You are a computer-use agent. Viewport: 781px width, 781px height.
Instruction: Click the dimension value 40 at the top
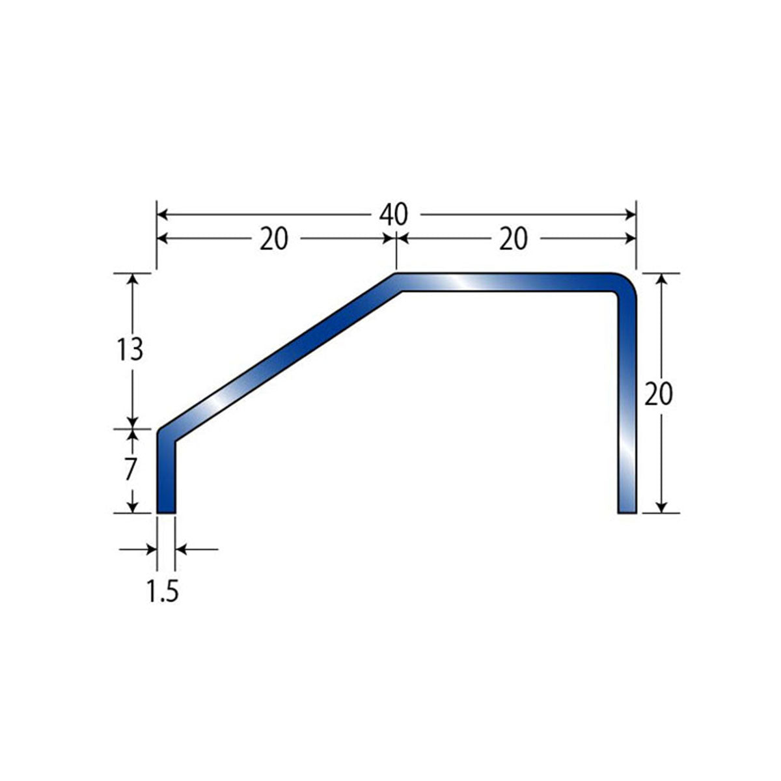[393, 215]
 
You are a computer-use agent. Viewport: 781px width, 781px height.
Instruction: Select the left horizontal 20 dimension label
[273, 239]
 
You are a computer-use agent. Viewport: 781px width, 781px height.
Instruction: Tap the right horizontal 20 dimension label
[513, 239]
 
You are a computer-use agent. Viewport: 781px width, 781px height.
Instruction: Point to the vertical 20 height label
[658, 394]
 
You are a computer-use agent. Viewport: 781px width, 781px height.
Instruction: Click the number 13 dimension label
[130, 349]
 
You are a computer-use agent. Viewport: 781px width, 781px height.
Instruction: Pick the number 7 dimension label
[130, 469]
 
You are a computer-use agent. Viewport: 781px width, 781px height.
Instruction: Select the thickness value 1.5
[161, 590]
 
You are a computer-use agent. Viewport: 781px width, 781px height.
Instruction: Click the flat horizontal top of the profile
[502, 282]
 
